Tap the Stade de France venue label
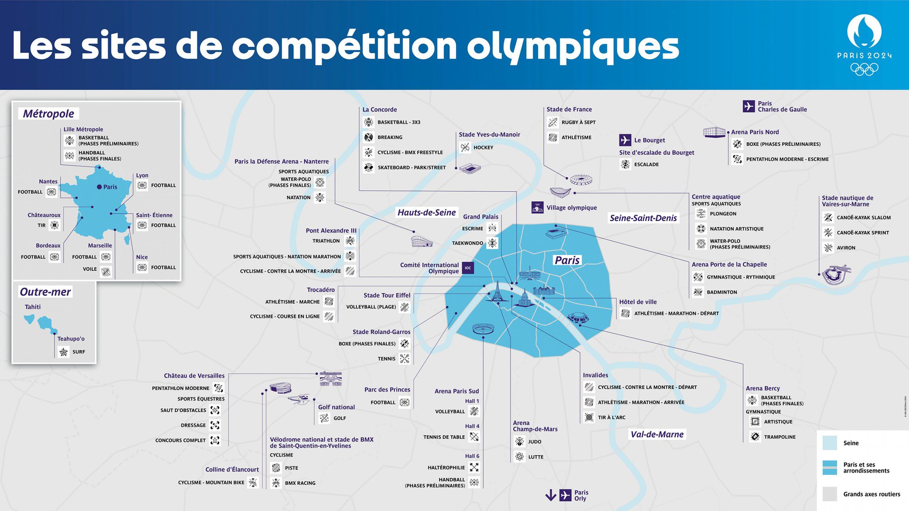[569, 109]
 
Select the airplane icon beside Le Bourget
[625, 140]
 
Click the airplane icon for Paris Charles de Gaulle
[749, 106]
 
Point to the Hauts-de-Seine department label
[426, 212]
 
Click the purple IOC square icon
[468, 268]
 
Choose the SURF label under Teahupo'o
[78, 352]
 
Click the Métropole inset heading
[49, 114]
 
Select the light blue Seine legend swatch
[830, 443]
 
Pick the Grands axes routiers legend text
[872, 494]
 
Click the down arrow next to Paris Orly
[551, 495]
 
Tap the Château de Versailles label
[194, 375]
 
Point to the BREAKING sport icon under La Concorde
[369, 137]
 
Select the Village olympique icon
[537, 208]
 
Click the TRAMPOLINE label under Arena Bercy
[780, 437]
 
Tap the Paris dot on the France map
[99, 187]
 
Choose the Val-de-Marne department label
[657, 434]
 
